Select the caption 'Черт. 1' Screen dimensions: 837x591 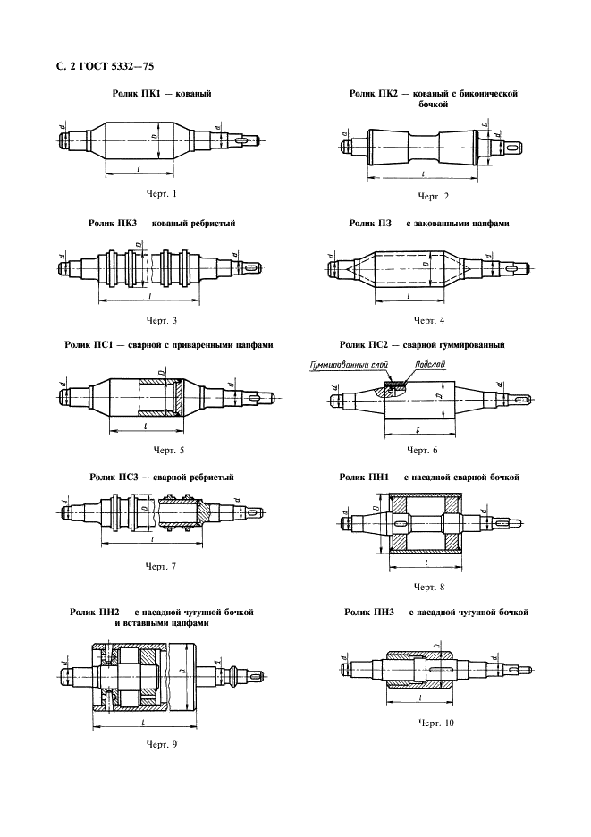click(x=161, y=193)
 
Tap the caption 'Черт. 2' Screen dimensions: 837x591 click(x=433, y=196)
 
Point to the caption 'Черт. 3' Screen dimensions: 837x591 click(x=161, y=320)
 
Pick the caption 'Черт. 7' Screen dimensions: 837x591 click(x=161, y=567)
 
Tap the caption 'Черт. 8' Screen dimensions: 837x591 click(x=429, y=587)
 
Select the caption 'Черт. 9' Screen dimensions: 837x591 click(x=161, y=743)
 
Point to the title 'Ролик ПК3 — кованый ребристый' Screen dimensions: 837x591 click(x=162, y=224)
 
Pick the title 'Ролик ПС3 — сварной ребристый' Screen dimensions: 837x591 click(x=162, y=478)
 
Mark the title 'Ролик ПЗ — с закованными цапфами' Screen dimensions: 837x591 click(x=429, y=224)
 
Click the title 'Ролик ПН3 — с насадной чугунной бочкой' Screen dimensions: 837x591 click(x=436, y=613)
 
